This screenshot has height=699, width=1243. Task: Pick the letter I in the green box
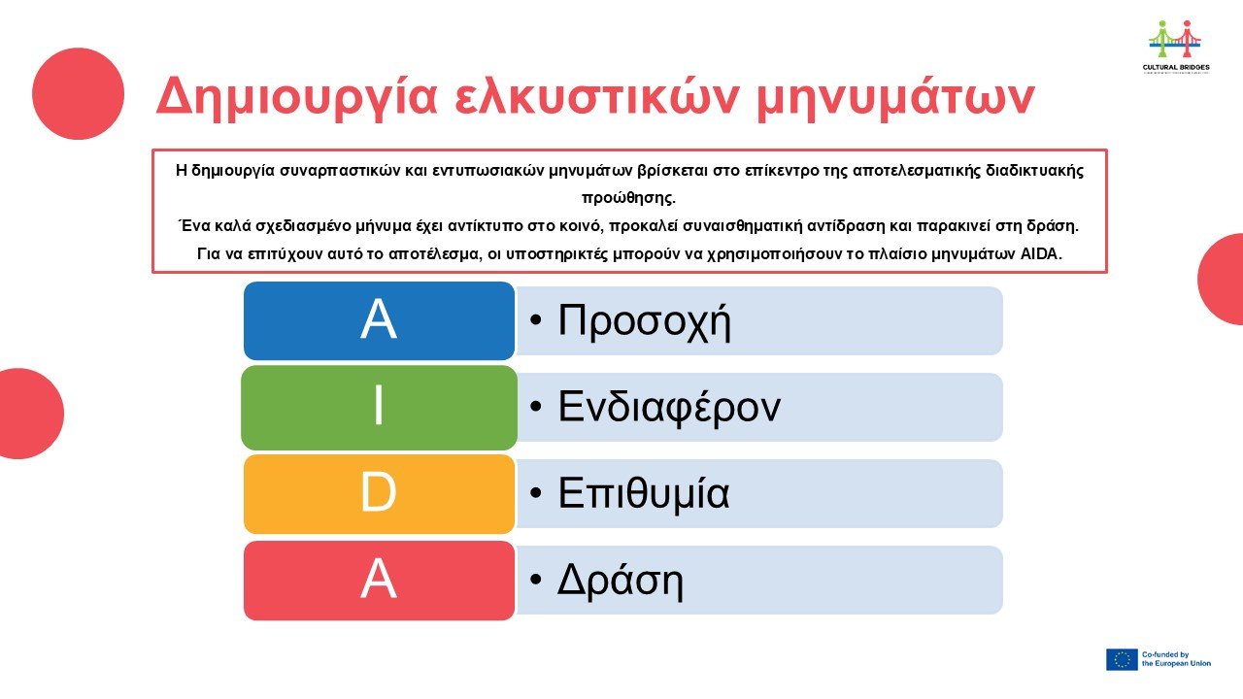379,405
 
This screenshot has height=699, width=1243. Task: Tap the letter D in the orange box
379,491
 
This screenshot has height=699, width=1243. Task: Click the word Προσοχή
644,321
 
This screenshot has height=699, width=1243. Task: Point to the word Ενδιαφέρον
669,408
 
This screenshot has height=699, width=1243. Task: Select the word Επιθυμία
643,493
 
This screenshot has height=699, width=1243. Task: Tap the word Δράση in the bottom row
620,581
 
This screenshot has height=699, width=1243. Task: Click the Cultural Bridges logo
1176,47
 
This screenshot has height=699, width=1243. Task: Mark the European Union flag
1122,659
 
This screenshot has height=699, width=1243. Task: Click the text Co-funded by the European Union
1176,659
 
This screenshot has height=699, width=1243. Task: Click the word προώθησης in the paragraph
628,199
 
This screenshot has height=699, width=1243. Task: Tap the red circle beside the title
79,93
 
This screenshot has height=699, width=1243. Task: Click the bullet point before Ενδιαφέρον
535,407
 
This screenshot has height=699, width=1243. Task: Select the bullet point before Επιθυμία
535,492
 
